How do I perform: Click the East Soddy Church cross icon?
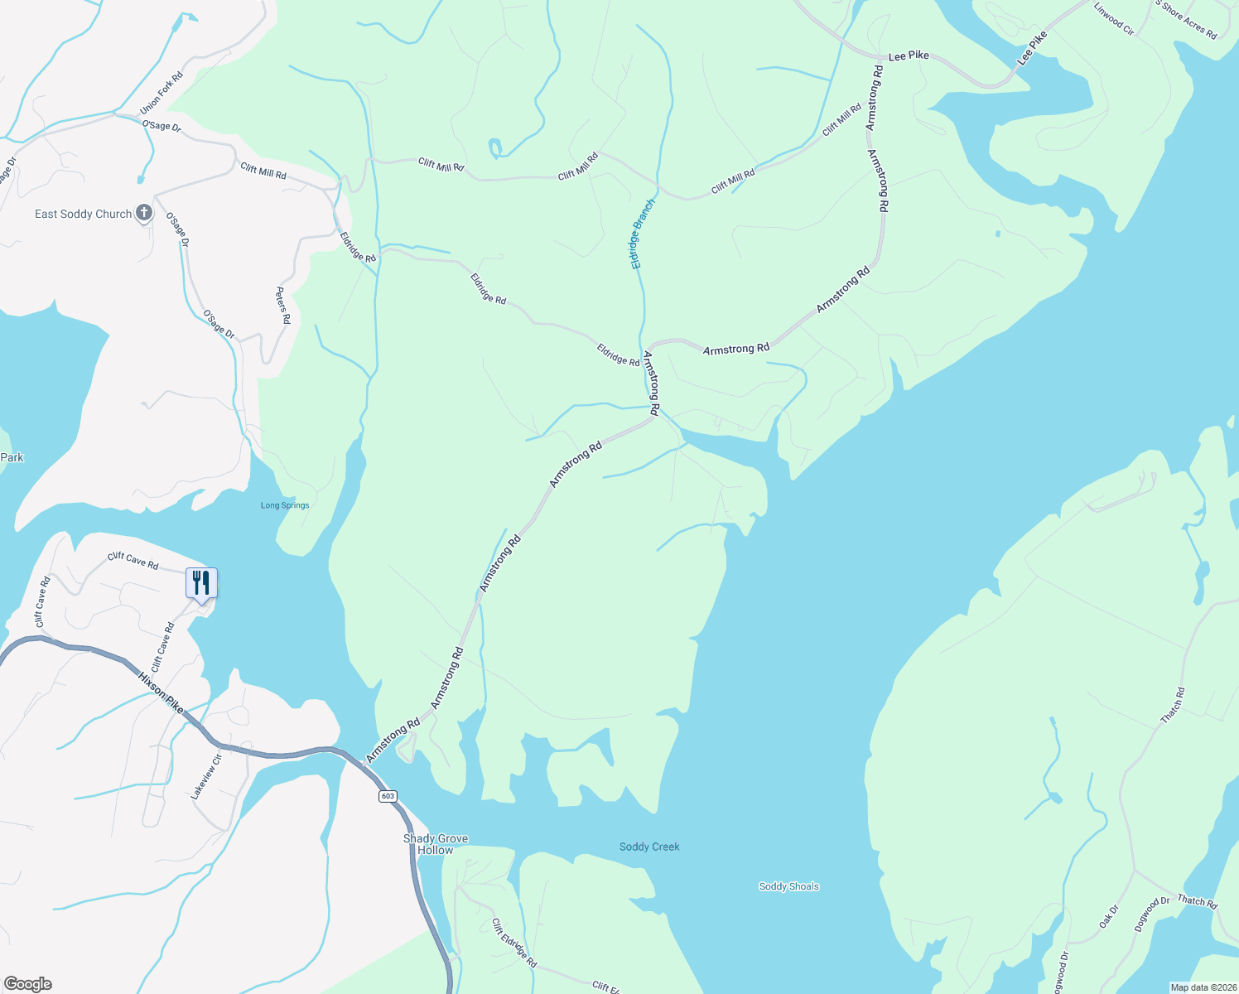[x=143, y=213]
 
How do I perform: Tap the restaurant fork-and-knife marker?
[x=200, y=583]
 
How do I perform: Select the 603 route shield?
[x=388, y=796]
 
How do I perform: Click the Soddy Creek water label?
[x=649, y=847]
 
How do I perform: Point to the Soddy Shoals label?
[x=788, y=886]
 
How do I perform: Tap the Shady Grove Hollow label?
[x=436, y=844]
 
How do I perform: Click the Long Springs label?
[x=285, y=505]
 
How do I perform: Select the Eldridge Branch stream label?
[x=643, y=234]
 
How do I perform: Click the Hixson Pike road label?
[x=161, y=692]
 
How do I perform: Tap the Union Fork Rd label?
[x=162, y=93]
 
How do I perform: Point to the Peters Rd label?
[x=283, y=306]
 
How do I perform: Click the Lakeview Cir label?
[x=206, y=777]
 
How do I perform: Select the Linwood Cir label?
[x=1114, y=18]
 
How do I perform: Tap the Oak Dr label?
[x=1109, y=916]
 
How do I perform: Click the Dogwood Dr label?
[x=1152, y=914]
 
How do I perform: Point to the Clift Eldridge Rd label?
[x=514, y=943]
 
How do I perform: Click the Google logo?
[x=27, y=984]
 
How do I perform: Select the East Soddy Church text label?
[x=83, y=214]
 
